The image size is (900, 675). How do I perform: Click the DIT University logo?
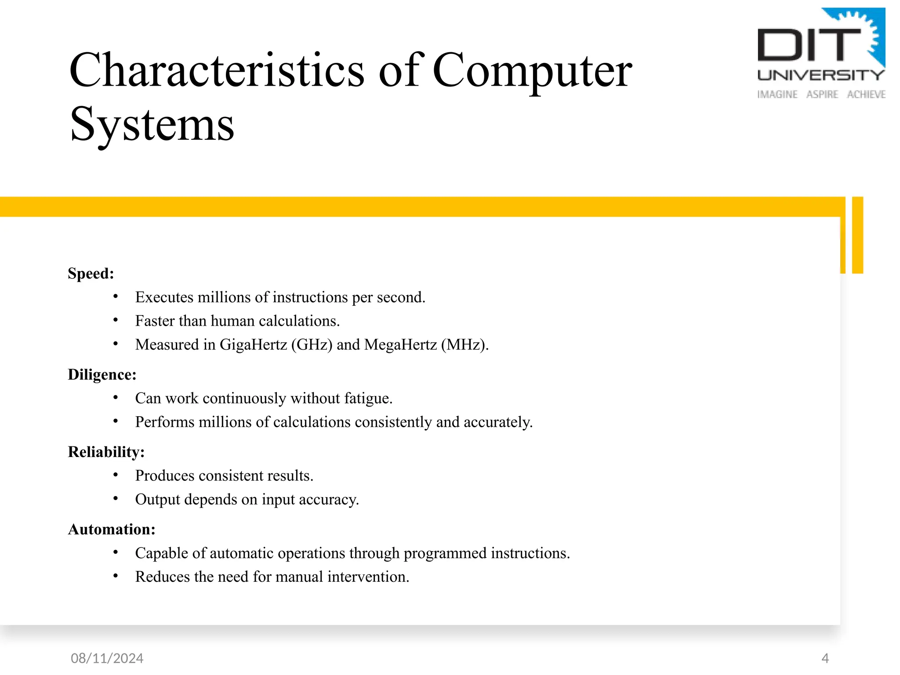[x=821, y=53]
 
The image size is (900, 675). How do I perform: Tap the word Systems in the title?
[x=152, y=125]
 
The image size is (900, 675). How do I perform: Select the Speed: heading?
[x=91, y=273]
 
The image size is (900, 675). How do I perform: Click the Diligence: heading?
[x=102, y=374]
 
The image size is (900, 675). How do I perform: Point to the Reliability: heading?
[x=106, y=452]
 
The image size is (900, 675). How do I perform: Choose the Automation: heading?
[x=112, y=529]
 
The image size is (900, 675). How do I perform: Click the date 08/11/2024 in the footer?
[x=107, y=658]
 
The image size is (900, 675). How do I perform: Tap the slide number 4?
[x=825, y=658]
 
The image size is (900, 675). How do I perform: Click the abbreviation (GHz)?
[x=312, y=345]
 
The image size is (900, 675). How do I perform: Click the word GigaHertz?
[x=253, y=345]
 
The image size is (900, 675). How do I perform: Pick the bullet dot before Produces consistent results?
[x=116, y=475]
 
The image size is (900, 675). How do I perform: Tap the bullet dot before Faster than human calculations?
[x=116, y=320]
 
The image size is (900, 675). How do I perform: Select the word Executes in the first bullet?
[x=164, y=297]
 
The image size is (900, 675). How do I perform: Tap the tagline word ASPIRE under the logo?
[x=822, y=94]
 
